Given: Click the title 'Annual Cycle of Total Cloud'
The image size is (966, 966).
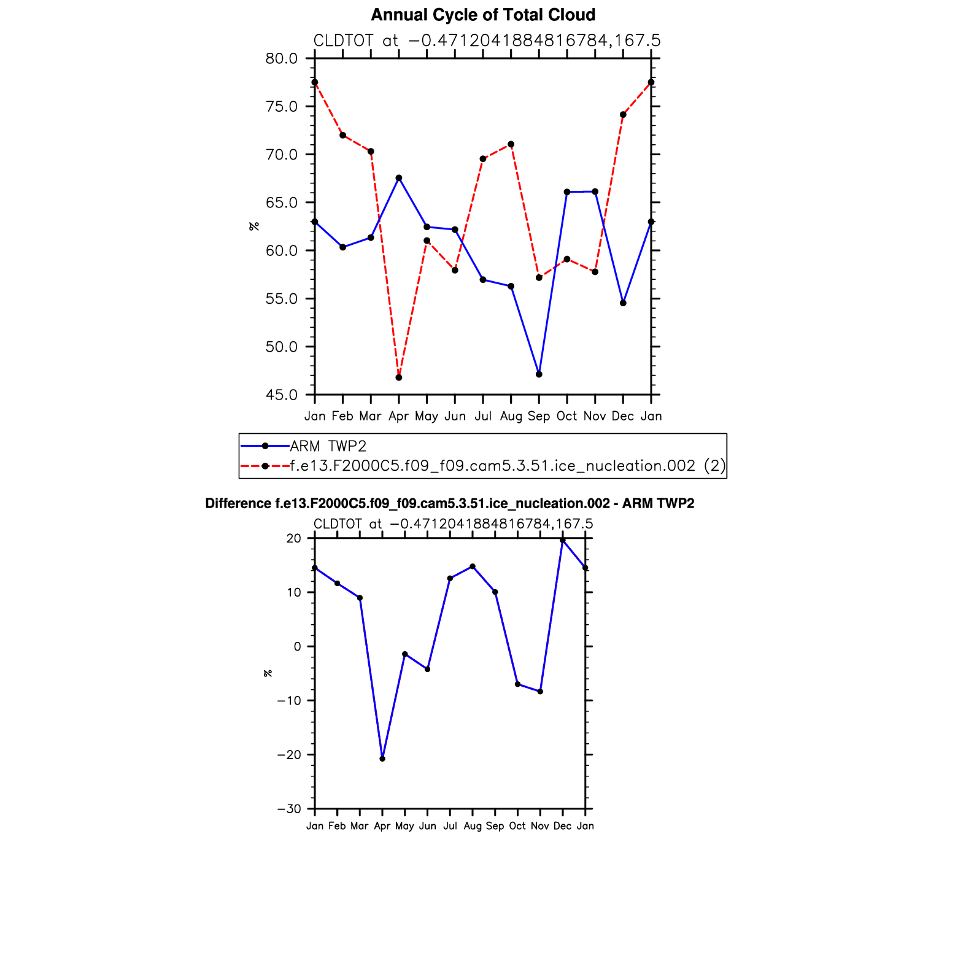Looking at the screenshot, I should click(x=483, y=15).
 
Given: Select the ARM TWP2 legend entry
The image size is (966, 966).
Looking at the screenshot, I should click(x=328, y=446).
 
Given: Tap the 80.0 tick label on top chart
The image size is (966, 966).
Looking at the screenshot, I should click(x=281, y=59).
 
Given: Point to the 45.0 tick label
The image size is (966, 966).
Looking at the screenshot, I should click(x=281, y=395).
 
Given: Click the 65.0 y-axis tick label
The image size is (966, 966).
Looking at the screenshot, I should click(x=281, y=203).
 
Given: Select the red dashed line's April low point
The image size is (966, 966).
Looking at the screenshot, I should click(x=399, y=377).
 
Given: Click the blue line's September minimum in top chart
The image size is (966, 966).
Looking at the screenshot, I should click(x=539, y=374).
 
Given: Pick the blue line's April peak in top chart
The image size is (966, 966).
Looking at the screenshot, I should click(x=399, y=178).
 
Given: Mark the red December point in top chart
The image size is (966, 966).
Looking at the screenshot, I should click(x=623, y=115).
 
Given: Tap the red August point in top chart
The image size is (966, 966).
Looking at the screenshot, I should click(x=511, y=144).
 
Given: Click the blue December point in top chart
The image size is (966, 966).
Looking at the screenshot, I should click(x=623, y=303).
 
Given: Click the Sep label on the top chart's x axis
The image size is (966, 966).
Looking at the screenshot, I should click(x=539, y=416).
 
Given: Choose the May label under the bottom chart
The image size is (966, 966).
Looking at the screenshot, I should click(x=404, y=826).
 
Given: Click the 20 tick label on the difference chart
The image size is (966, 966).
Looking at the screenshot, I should click(x=294, y=538).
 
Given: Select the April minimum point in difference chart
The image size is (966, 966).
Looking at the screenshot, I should click(x=382, y=759).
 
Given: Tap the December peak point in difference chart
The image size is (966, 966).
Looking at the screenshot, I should click(x=563, y=541).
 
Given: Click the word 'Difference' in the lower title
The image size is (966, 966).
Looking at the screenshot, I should click(x=238, y=504).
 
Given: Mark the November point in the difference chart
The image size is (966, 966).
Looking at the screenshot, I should click(x=540, y=692).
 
